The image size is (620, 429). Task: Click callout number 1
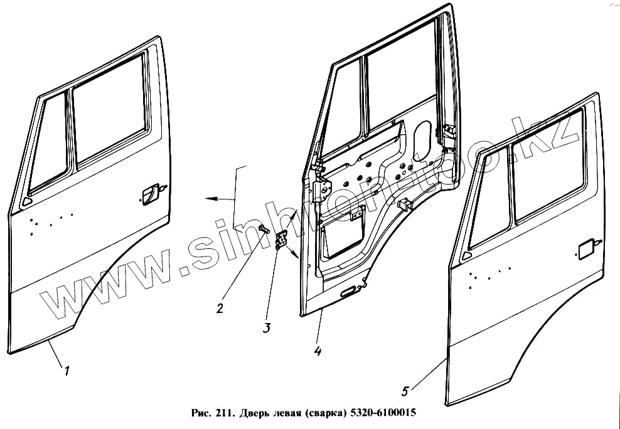click(67, 371)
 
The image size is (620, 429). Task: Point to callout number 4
click(318, 352)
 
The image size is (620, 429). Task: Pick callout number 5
click(405, 391)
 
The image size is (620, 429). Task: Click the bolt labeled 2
click(262, 230)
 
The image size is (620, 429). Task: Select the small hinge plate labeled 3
click(282, 240)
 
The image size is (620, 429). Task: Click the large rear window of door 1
click(110, 123)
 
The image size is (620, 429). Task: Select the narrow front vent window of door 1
click(50, 144)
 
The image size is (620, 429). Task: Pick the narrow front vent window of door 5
click(489, 198)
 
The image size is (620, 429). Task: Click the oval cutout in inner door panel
click(422, 135)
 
